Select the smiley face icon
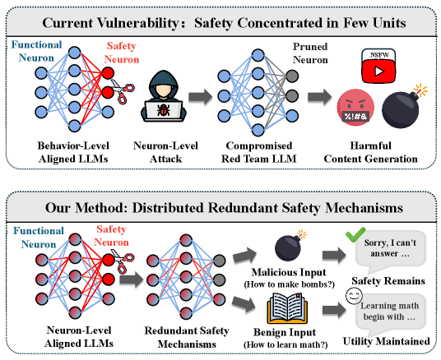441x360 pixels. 355,293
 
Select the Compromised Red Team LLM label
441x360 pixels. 251,149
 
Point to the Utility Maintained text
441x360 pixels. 390,339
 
